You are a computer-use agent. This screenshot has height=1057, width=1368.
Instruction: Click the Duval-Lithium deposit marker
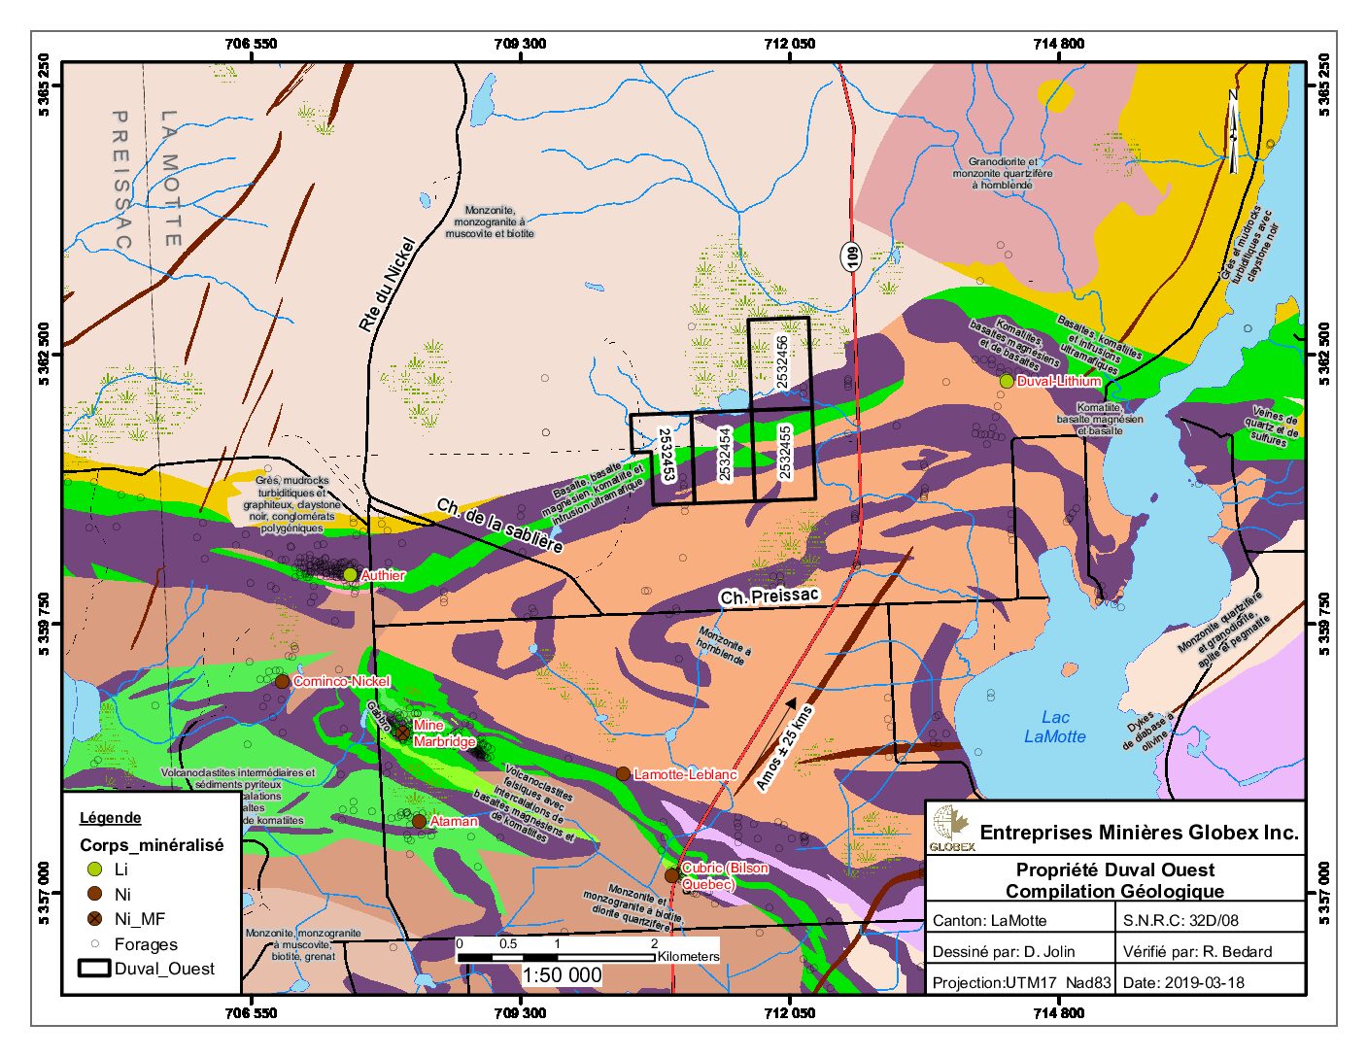tap(1007, 381)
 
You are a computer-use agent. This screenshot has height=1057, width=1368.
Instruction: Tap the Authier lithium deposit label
tap(382, 576)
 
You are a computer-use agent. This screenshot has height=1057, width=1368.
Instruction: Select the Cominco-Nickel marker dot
tap(282, 681)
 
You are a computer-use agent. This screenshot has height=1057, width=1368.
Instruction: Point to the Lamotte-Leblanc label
tap(684, 775)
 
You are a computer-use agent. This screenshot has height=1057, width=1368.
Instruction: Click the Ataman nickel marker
tap(419, 821)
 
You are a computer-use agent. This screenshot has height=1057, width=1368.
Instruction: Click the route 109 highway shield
tap(852, 256)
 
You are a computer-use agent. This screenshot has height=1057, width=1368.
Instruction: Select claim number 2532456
tap(783, 362)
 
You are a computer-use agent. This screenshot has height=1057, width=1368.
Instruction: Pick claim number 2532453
tap(666, 454)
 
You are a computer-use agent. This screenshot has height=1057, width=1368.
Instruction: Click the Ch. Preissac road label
tap(769, 597)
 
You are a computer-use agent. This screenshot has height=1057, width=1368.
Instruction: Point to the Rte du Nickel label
tap(387, 287)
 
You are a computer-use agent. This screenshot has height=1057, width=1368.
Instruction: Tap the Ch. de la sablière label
tap(499, 526)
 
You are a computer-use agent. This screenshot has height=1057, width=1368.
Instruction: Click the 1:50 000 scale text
tap(562, 975)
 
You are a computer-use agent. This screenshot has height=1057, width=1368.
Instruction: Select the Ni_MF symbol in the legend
tap(94, 919)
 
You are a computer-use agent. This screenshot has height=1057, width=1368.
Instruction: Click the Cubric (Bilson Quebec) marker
tap(671, 875)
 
